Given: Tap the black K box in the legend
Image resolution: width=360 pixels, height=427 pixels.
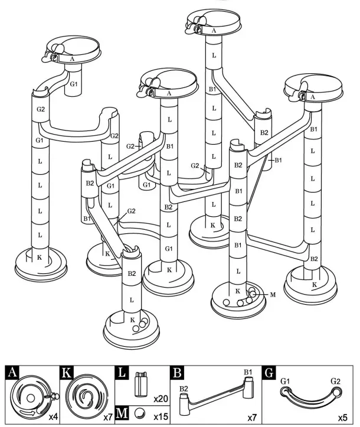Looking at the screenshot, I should [67, 373].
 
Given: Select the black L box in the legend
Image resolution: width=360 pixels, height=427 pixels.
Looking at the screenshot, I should [123, 373].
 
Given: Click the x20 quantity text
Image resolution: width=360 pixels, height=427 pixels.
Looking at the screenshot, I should [161, 399].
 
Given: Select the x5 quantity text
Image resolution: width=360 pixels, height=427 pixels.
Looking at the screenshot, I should [342, 418].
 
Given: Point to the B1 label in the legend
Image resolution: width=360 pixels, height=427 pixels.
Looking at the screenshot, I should [248, 372].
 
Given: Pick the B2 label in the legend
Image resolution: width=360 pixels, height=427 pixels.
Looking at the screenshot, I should [184, 389].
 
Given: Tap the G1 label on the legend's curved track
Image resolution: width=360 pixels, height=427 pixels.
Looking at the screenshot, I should [286, 382].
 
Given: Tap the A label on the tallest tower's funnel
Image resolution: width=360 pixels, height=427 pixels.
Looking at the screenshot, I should [213, 30].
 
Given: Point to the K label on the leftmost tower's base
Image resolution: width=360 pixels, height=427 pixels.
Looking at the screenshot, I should [39, 257].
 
